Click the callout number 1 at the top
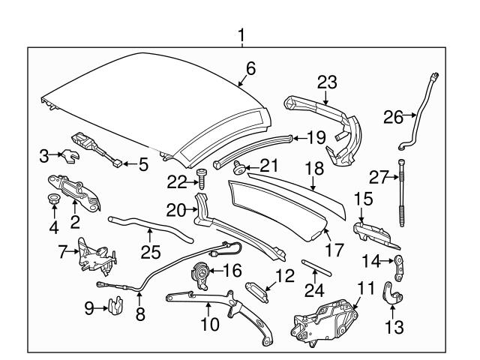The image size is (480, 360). point(241,34)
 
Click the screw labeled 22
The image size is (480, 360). point(201,178)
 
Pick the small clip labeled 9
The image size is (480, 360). point(115,306)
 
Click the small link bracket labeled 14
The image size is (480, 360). point(402,263)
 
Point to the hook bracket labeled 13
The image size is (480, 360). point(392,293)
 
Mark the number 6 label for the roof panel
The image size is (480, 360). point(250,68)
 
